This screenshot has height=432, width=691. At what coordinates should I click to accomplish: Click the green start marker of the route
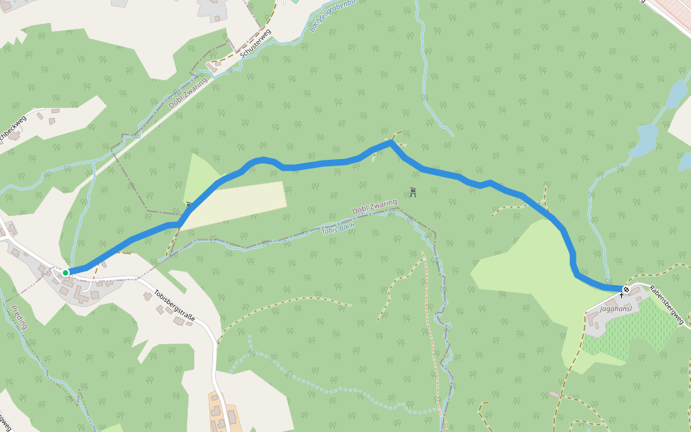[66, 272]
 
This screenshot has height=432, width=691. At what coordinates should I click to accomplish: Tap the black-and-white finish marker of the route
[626, 289]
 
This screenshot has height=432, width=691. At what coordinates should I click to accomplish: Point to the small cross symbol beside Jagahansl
[621, 295]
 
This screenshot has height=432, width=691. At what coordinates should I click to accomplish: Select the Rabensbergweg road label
[665, 304]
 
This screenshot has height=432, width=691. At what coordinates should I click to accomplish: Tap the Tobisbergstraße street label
[173, 307]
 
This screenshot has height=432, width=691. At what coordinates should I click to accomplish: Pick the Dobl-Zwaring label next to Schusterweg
[188, 93]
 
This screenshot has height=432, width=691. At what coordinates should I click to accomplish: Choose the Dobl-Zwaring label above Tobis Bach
[374, 207]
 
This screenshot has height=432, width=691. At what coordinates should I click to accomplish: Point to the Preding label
[19, 318]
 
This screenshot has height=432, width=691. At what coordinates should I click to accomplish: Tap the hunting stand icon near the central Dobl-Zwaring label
[413, 192]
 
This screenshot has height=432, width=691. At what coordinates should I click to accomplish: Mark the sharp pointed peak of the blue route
[391, 143]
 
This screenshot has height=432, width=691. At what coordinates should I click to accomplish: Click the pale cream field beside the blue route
[238, 205]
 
